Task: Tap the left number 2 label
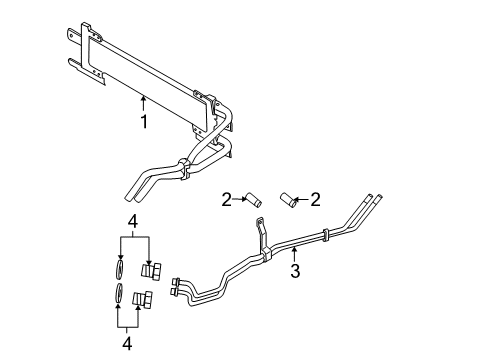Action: coord(227,198)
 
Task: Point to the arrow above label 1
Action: coord(144,101)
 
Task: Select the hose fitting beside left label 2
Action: coord(252,200)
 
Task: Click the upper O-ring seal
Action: coord(119,268)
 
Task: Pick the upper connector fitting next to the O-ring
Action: coord(153,269)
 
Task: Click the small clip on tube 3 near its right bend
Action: coord(329,235)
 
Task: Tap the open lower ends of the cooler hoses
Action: coord(129,191)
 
